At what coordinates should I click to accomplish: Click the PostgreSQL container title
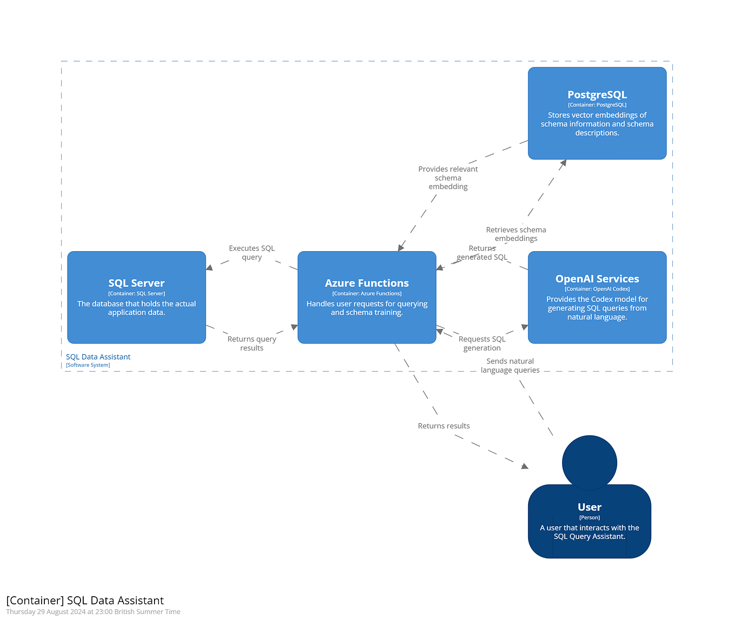coord(597,95)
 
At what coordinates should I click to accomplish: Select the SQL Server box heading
coord(136,283)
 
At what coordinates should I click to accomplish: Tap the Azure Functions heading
coord(366,283)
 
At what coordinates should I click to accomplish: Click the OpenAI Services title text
coord(597,279)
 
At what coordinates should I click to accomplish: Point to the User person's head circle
coord(589,462)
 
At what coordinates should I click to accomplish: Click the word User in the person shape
coord(589,507)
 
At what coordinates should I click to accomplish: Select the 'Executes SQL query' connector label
coord(251,252)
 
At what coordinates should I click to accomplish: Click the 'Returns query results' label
coord(251,343)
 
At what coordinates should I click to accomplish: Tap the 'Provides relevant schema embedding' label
coord(448,178)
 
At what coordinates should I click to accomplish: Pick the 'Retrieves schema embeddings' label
coord(516,234)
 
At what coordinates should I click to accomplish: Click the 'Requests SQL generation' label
coord(482,343)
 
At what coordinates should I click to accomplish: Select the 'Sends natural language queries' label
coord(510,366)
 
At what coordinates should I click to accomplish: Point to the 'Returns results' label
coord(443,426)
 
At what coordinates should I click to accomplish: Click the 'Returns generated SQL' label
coord(482,253)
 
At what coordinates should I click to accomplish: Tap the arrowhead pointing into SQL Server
coord(209,267)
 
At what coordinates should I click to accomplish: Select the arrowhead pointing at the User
coord(524,466)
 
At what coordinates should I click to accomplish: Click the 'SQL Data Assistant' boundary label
coord(98,357)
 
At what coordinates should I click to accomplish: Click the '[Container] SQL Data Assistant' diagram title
coord(85,601)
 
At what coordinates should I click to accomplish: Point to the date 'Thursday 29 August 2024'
coord(45,612)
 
